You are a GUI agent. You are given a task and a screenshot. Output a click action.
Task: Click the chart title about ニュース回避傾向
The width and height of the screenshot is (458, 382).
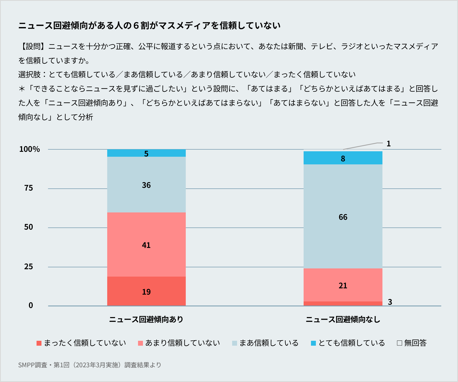click(x=149, y=26)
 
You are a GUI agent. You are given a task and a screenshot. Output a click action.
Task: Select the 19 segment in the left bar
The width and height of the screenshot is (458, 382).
click(x=146, y=291)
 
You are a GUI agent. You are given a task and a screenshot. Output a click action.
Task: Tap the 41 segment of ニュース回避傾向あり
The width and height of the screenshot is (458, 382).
click(x=146, y=245)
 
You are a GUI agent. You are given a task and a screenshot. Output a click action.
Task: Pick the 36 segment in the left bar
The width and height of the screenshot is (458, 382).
click(x=146, y=185)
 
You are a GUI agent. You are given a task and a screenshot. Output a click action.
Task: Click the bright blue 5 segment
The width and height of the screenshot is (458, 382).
click(x=146, y=153)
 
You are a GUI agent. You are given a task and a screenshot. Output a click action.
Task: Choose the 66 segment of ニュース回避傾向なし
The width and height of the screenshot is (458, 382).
click(x=343, y=217)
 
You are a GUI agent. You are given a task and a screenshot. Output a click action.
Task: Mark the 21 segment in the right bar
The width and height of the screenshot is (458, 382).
click(x=343, y=285)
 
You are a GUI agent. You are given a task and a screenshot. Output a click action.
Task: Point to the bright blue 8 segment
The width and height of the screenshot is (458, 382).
click(x=343, y=158)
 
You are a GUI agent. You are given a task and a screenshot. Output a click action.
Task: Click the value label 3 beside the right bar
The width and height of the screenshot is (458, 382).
click(x=390, y=302)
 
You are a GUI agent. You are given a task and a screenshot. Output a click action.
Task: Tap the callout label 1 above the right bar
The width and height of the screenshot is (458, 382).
click(x=388, y=144)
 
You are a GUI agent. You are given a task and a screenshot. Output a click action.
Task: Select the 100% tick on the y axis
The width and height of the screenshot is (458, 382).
click(x=29, y=149)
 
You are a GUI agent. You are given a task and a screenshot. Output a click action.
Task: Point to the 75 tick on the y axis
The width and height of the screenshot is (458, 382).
click(x=29, y=188)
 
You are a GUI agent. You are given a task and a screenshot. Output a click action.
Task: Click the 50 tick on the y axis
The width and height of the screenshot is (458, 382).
click(x=29, y=227)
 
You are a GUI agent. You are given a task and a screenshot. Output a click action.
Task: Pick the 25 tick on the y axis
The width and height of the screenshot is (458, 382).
click(x=29, y=267)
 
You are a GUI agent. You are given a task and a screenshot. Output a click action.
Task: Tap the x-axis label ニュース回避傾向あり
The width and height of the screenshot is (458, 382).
click(x=146, y=319)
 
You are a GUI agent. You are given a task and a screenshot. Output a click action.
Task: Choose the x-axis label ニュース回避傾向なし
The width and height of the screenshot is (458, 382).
click(x=343, y=319)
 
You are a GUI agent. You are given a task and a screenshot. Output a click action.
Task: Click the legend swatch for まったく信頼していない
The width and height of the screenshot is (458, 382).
click(x=39, y=343)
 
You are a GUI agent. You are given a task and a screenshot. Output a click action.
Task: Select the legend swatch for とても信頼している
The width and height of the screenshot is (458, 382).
click(x=313, y=343)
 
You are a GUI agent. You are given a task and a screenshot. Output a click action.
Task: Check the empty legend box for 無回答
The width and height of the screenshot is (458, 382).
click(x=400, y=343)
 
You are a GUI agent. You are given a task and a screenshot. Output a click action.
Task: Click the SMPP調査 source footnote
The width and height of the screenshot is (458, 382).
click(x=90, y=365)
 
